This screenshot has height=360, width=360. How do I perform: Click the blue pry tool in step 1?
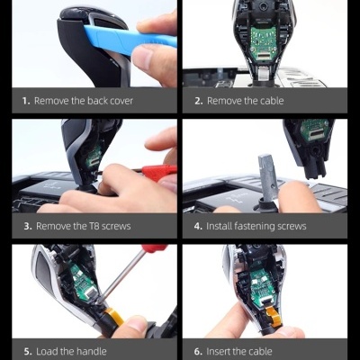click(129, 39)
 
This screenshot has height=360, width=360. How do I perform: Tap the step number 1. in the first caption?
click(26, 101)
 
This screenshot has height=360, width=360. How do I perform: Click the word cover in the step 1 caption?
click(121, 101)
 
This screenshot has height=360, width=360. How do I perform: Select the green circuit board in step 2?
click(264, 42)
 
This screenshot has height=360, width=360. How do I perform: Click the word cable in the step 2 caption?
click(272, 101)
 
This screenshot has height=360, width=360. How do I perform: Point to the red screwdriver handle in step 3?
click(159, 173)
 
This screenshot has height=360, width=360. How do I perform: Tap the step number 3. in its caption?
click(28, 226)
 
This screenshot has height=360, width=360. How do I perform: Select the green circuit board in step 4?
click(314, 130)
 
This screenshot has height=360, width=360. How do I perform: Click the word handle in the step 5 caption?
click(92, 351)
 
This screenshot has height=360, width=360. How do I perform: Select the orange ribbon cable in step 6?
click(274, 314)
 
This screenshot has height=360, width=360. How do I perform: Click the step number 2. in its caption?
click(199, 101)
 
